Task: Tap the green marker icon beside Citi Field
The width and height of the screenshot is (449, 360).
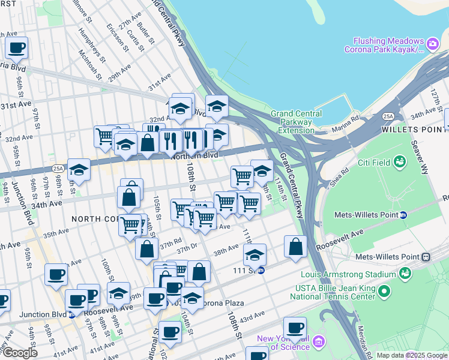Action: [x=399, y=162]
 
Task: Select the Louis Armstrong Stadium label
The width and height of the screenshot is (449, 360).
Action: [x=348, y=274]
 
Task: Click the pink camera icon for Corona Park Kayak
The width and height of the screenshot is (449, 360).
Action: [x=432, y=43]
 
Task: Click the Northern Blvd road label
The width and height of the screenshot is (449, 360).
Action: [x=194, y=155]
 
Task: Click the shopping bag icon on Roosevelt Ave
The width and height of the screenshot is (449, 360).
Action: [x=295, y=247]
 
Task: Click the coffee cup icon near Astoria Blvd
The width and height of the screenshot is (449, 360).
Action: [x=17, y=47]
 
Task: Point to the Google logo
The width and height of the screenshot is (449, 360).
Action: [x=19, y=353]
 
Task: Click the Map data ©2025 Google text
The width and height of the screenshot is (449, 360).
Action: [x=412, y=355]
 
